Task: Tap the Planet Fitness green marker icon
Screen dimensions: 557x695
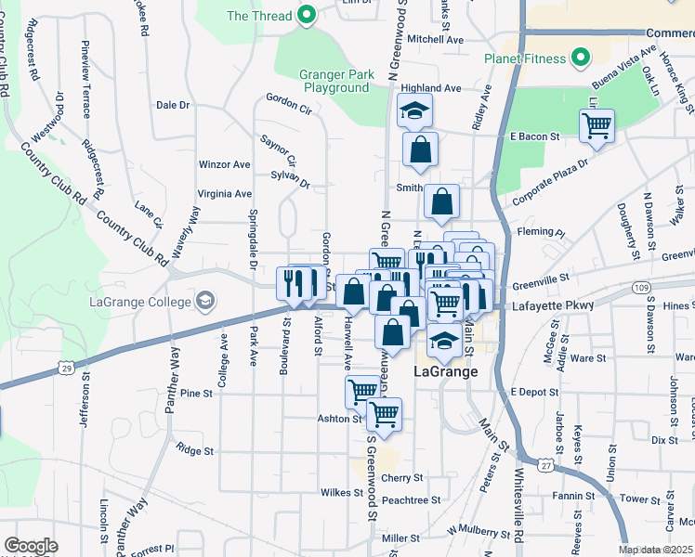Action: (582, 58)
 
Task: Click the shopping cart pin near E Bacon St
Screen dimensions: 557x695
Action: (596, 124)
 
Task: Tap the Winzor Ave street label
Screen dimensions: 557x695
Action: (224, 164)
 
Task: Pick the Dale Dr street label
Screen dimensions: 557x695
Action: (173, 105)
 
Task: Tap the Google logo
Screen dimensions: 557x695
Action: (31, 546)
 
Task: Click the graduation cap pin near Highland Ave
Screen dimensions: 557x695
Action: (412, 112)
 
